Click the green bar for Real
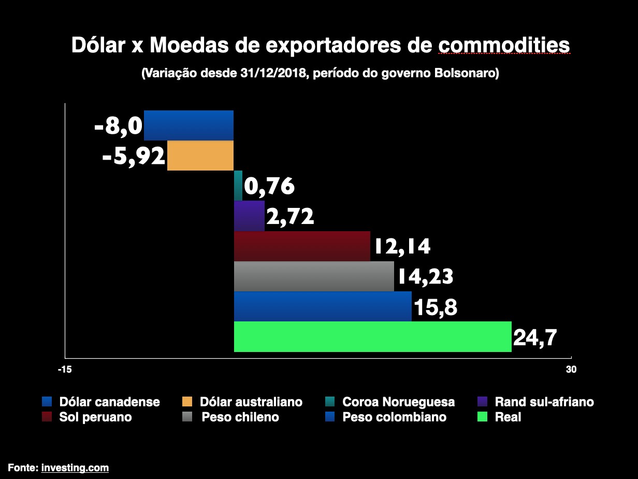pos(372,336)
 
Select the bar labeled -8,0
pos(189,125)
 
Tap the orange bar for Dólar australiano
pos(200,156)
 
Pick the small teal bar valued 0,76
pos(238,186)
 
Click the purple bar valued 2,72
pos(249,216)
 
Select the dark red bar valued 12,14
pos(302,246)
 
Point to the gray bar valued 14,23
pos(314,276)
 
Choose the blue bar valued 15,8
pos(323,306)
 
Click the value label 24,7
pos(535,337)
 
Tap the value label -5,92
pos(133,156)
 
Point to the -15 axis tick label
pos(65,370)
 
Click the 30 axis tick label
pos(571,370)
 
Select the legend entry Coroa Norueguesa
pos(398,402)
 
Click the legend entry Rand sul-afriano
pos(544,402)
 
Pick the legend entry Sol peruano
pos(95,417)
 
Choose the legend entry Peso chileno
pos(240,417)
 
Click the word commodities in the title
pos(504,45)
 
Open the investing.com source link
pos(75,468)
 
